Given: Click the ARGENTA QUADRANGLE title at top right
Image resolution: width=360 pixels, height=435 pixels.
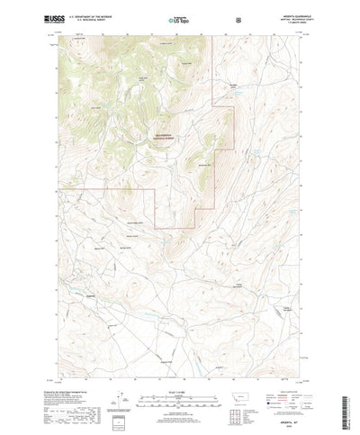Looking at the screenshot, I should coord(281,13).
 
